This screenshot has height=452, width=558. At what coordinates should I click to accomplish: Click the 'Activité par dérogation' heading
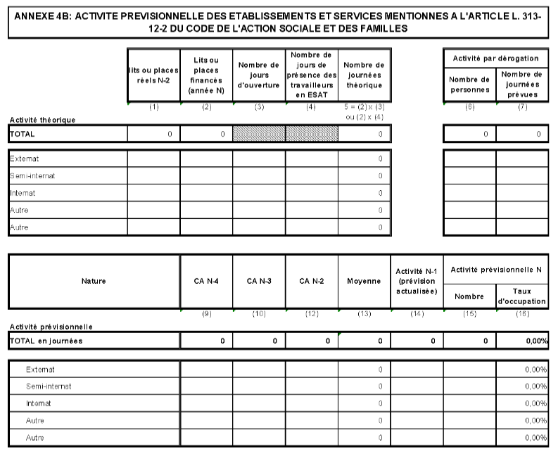(x=496, y=58)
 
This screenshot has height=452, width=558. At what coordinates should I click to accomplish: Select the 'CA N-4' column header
(x=206, y=281)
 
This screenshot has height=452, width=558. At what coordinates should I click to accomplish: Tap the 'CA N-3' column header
(x=259, y=281)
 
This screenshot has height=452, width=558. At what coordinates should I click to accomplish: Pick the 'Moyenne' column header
(x=364, y=281)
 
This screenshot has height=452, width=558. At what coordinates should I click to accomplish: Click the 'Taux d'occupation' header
(x=522, y=296)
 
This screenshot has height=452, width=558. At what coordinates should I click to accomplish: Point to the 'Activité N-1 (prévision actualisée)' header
(x=417, y=281)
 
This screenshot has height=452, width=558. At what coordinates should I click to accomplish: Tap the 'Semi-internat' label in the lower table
(x=49, y=386)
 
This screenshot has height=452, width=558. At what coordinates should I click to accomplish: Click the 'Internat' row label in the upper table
(x=23, y=192)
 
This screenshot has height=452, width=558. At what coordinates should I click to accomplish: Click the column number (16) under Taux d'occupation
(x=522, y=315)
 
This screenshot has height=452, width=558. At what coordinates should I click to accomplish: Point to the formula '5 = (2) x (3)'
(x=364, y=108)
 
